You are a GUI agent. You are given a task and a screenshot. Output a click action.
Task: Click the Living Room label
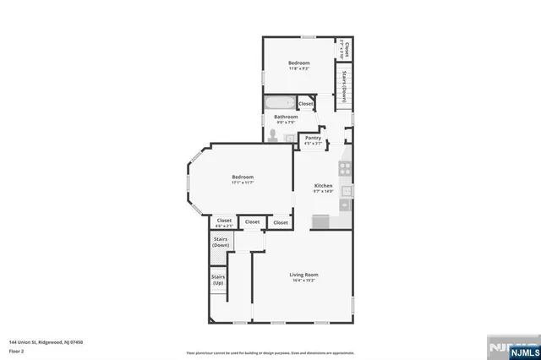point(303,275)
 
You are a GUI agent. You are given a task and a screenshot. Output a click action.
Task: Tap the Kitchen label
point(323,186)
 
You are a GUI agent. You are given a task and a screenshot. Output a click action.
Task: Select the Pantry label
point(313,138)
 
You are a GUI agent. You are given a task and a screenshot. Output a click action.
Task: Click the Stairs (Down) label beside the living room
point(221,242)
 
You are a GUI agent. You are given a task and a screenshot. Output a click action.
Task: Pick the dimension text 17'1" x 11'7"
point(243,183)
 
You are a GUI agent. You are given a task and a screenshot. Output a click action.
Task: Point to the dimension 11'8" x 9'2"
point(298,69)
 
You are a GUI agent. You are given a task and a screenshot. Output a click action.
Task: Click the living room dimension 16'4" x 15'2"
point(303,281)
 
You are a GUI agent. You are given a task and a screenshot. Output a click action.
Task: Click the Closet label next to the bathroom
point(305,103)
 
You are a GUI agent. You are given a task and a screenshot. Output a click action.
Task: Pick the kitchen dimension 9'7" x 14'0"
point(323,192)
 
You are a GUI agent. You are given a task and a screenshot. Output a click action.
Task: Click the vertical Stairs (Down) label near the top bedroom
point(345,85)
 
